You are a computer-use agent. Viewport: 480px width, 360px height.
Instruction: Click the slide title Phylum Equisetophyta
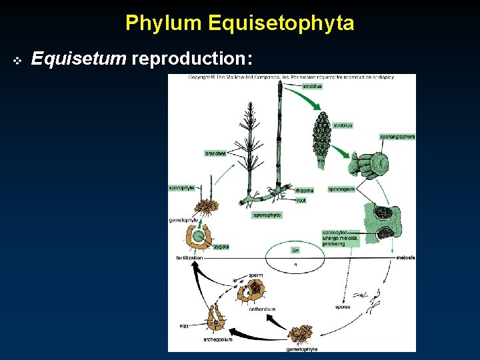[x=239, y=24]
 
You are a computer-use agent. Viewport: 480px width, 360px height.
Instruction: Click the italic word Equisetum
[x=79, y=60]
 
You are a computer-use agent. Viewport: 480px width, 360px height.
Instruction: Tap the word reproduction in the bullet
[x=192, y=60]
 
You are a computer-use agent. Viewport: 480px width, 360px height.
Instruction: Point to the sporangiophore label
[x=397, y=137]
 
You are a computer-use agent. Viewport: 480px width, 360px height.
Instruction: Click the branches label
[x=215, y=153]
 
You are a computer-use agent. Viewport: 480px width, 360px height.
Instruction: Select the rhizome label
[x=304, y=190]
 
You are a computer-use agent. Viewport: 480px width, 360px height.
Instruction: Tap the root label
[x=301, y=199]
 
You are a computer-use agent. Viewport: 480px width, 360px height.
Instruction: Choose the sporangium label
[x=341, y=189]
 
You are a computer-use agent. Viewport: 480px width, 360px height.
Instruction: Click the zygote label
[x=221, y=247]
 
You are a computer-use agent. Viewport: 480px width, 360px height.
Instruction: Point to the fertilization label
[x=190, y=257]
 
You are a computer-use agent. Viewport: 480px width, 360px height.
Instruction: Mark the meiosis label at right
[x=405, y=257]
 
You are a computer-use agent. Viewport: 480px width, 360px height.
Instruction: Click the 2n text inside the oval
[x=295, y=250]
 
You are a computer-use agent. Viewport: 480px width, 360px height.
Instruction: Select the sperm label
[x=255, y=275]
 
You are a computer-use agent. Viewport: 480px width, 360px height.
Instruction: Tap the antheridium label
[x=262, y=309]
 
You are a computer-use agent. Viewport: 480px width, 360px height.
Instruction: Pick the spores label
[x=342, y=307]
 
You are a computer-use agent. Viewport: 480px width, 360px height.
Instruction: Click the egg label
[x=184, y=326]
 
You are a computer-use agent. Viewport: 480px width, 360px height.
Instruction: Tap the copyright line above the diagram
[x=291, y=77]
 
